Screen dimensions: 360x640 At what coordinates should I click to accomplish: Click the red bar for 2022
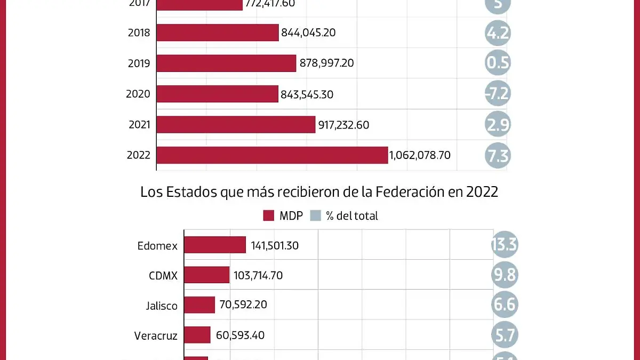click(x=272, y=155)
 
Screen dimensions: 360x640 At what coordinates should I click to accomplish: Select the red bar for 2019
click(x=226, y=63)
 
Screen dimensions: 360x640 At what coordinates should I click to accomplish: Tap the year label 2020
click(x=138, y=94)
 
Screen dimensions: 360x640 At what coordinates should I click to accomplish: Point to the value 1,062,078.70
click(x=420, y=155)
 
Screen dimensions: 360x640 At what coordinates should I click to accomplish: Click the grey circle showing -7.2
click(x=498, y=94)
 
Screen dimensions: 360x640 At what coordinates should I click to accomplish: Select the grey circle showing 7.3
click(x=498, y=156)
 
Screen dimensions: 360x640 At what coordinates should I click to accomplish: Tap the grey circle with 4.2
click(x=498, y=33)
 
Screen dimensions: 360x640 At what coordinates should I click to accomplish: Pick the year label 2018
click(x=139, y=33)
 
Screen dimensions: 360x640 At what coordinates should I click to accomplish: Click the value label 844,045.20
click(x=308, y=33)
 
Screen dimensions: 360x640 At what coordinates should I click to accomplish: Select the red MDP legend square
click(x=269, y=215)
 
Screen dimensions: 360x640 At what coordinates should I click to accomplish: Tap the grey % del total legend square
click(x=316, y=215)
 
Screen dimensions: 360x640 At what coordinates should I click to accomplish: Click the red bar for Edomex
click(x=215, y=245)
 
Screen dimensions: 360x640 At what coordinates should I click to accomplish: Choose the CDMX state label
click(x=163, y=276)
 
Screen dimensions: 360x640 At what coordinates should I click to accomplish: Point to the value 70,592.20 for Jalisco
click(x=243, y=305)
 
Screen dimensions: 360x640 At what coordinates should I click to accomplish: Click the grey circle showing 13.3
click(x=504, y=245)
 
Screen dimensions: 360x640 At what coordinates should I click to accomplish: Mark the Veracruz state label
click(x=156, y=335)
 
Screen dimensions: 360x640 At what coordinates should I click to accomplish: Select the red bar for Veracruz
click(x=197, y=335)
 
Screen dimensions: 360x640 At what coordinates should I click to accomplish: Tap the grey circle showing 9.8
click(x=504, y=275)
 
